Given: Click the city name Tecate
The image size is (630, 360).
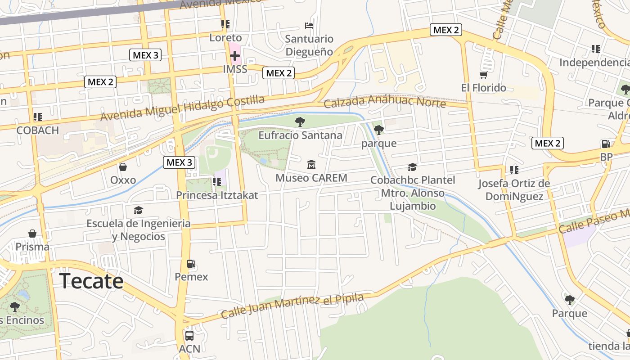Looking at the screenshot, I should (x=91, y=281).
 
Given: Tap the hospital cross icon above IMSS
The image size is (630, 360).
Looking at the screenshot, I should (x=234, y=56).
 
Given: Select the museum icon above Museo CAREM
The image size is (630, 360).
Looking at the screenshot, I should (x=311, y=165).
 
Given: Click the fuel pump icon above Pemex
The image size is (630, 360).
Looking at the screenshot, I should (x=191, y=264).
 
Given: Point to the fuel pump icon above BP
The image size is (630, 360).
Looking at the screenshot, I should (x=606, y=144).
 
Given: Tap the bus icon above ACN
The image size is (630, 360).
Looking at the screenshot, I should (x=189, y=336).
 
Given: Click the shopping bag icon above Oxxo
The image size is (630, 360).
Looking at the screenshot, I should (x=123, y=167).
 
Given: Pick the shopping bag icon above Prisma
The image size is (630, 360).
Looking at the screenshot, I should (x=32, y=234).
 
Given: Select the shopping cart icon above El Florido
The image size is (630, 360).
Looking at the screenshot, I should (x=483, y=74).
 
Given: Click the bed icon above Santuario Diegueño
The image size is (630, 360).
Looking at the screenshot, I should (x=309, y=25).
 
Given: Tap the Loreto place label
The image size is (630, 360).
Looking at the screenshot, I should (x=225, y=38).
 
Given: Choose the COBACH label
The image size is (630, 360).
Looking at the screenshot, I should (x=38, y=130).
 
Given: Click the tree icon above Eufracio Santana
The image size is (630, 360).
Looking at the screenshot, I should (x=300, y=121).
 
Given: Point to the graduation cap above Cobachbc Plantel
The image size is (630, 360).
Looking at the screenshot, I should (x=412, y=167).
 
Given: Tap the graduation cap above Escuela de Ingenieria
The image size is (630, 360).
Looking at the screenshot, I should (x=138, y=210).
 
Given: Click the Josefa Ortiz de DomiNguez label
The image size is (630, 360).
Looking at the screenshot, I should (x=514, y=190).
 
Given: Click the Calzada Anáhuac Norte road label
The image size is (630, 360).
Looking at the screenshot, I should (x=385, y=102).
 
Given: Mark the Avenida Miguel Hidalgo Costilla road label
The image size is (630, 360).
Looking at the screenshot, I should (x=182, y=108).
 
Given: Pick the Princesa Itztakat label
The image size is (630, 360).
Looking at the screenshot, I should (x=217, y=195).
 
